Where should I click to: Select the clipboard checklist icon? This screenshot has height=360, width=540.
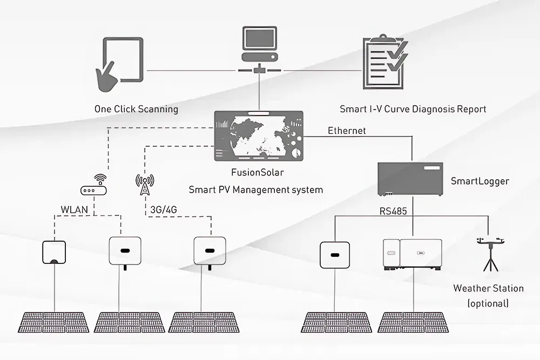pos(386,62)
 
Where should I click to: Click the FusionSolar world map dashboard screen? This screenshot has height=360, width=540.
pos(259,136)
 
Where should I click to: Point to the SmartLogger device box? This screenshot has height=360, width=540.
pos(410,179)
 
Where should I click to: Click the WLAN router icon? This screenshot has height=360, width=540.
pos(93,185)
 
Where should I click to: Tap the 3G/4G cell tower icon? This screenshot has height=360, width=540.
pos(145,185)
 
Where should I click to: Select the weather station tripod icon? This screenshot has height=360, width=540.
pos(490,254)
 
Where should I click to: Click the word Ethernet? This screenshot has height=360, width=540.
pos(347,131)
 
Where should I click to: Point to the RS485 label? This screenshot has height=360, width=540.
pos(393,211)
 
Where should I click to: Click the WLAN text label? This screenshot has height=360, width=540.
pos(75,209)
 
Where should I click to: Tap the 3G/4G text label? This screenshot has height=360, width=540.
pos(164,209)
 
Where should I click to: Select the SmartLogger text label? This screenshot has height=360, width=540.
pos(480,181)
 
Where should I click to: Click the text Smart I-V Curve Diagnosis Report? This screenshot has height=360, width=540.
pos(413,109)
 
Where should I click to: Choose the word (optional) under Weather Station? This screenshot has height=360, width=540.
pos(488,303)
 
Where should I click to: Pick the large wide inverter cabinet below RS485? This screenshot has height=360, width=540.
pos(413,255)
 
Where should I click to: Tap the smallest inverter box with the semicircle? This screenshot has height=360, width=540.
pos(54,252)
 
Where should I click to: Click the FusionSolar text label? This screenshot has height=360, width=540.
pos(258,172)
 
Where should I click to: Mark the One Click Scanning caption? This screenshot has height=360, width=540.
pos(137,109)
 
